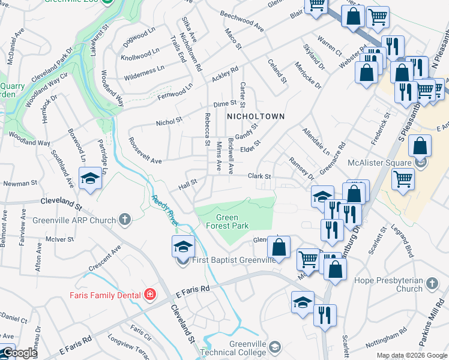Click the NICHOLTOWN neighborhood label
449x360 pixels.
[255, 116]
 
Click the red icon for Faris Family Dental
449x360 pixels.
[149, 295]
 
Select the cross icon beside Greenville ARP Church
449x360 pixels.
[125, 220]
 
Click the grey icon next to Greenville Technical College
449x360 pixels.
[275, 347]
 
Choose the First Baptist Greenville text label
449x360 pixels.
[234, 260]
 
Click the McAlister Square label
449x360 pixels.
[379, 162]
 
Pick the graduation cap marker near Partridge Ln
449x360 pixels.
[90, 179]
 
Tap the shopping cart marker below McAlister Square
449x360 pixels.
[403, 178]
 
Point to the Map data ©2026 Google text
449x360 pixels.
[411, 355]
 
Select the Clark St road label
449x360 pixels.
[260, 176]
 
